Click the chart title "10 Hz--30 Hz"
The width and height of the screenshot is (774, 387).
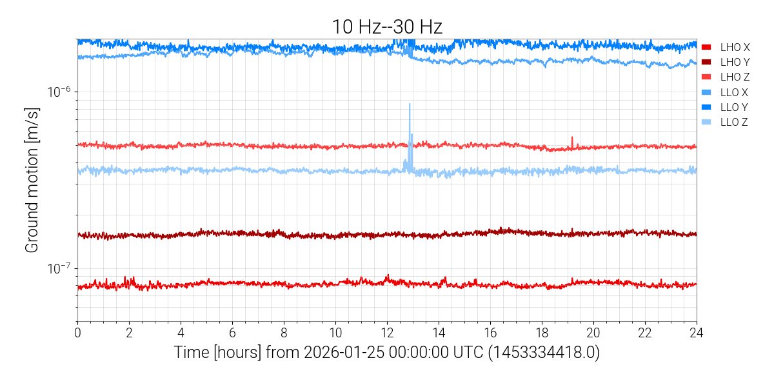386,26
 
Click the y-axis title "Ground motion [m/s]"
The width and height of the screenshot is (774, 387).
31,180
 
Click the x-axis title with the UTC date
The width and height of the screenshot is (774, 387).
386,353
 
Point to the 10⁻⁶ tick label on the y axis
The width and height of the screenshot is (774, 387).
59,92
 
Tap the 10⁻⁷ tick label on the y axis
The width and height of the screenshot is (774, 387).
59,268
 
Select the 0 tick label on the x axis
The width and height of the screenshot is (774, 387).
77,333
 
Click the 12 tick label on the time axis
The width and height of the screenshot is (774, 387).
387,333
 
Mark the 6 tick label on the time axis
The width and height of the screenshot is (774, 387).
232,333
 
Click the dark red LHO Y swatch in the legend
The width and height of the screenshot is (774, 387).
706,62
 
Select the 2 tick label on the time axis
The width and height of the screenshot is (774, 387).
129,333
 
